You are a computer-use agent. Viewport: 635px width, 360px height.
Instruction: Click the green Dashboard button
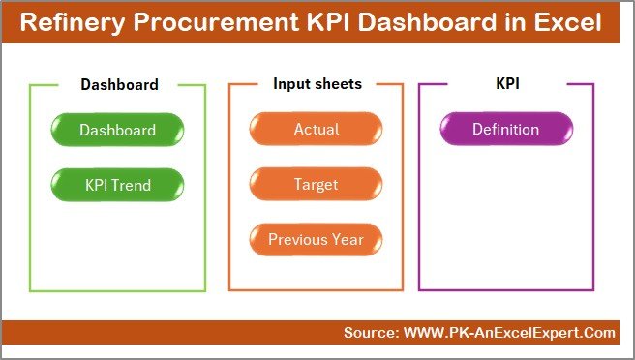coord(117,130)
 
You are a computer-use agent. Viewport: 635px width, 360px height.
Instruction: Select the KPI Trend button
coord(117,184)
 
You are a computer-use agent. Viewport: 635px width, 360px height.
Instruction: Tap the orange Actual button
coord(316,130)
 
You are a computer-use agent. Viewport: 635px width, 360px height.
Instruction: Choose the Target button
coord(316,184)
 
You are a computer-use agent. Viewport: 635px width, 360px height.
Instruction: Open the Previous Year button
coord(316,239)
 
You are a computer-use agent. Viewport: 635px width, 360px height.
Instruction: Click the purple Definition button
coord(505,130)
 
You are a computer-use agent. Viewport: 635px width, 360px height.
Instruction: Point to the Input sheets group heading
coord(317,84)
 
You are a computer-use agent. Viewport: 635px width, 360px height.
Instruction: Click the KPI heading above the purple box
coord(507,84)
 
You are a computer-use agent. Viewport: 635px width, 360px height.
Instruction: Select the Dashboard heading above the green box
coord(119,84)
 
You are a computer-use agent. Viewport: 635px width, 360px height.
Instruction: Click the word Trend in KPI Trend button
coord(133,184)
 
